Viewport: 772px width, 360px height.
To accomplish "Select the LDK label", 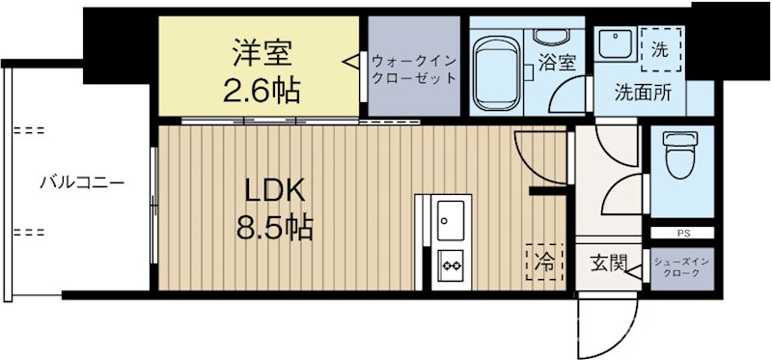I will point(274,189).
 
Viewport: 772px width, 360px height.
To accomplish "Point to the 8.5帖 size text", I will point(274,228).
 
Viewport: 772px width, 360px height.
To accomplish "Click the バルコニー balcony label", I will point(82,180).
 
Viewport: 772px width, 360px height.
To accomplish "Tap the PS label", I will point(682,233).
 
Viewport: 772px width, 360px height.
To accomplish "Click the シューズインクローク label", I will point(681,267).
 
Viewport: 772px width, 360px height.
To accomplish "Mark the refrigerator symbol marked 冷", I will point(545,260).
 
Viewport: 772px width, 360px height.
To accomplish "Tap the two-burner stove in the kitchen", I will point(451,261).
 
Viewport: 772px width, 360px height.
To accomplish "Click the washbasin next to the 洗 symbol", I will point(613,42).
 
